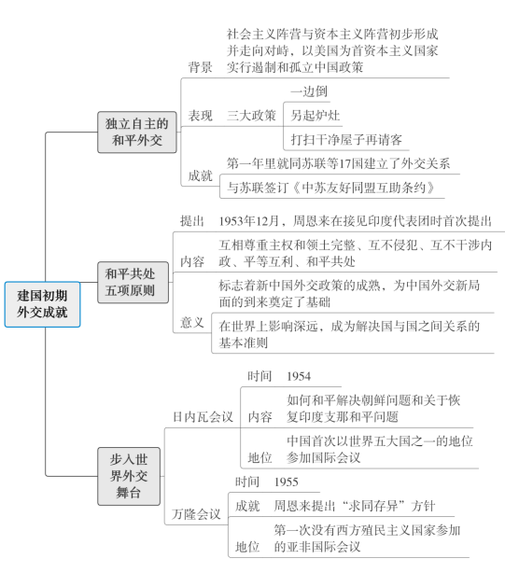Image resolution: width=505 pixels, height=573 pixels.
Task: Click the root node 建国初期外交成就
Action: [x=42, y=304]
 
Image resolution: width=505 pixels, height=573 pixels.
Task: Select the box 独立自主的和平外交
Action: [x=137, y=132]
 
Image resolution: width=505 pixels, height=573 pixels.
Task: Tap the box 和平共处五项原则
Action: [x=133, y=282]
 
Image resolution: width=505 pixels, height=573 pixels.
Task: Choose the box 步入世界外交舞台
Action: [x=129, y=476]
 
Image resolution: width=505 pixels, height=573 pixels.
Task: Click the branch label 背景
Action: [x=201, y=67]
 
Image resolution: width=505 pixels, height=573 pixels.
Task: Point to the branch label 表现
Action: [x=201, y=116]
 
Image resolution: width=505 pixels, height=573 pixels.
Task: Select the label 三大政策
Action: [x=251, y=116]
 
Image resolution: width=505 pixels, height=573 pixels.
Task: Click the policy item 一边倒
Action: [x=309, y=91]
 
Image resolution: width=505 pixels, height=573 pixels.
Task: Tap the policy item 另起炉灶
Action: [x=316, y=116]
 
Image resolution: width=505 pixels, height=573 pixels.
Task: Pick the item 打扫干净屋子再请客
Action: [x=346, y=140]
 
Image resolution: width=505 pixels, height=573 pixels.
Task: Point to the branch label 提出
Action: [x=192, y=221]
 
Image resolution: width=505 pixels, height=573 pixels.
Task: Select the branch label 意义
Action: [x=192, y=322]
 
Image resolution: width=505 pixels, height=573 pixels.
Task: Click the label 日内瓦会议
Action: [x=203, y=417]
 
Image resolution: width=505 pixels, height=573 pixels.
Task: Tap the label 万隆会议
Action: [x=197, y=514]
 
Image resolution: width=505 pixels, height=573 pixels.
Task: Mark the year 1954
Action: [x=299, y=376]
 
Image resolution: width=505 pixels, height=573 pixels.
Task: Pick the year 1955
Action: [x=287, y=482]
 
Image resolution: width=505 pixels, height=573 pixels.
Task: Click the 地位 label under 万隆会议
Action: [x=247, y=547]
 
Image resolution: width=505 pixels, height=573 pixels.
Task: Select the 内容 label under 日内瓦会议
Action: [x=260, y=417]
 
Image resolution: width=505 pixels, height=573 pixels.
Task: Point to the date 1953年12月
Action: [x=249, y=221]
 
